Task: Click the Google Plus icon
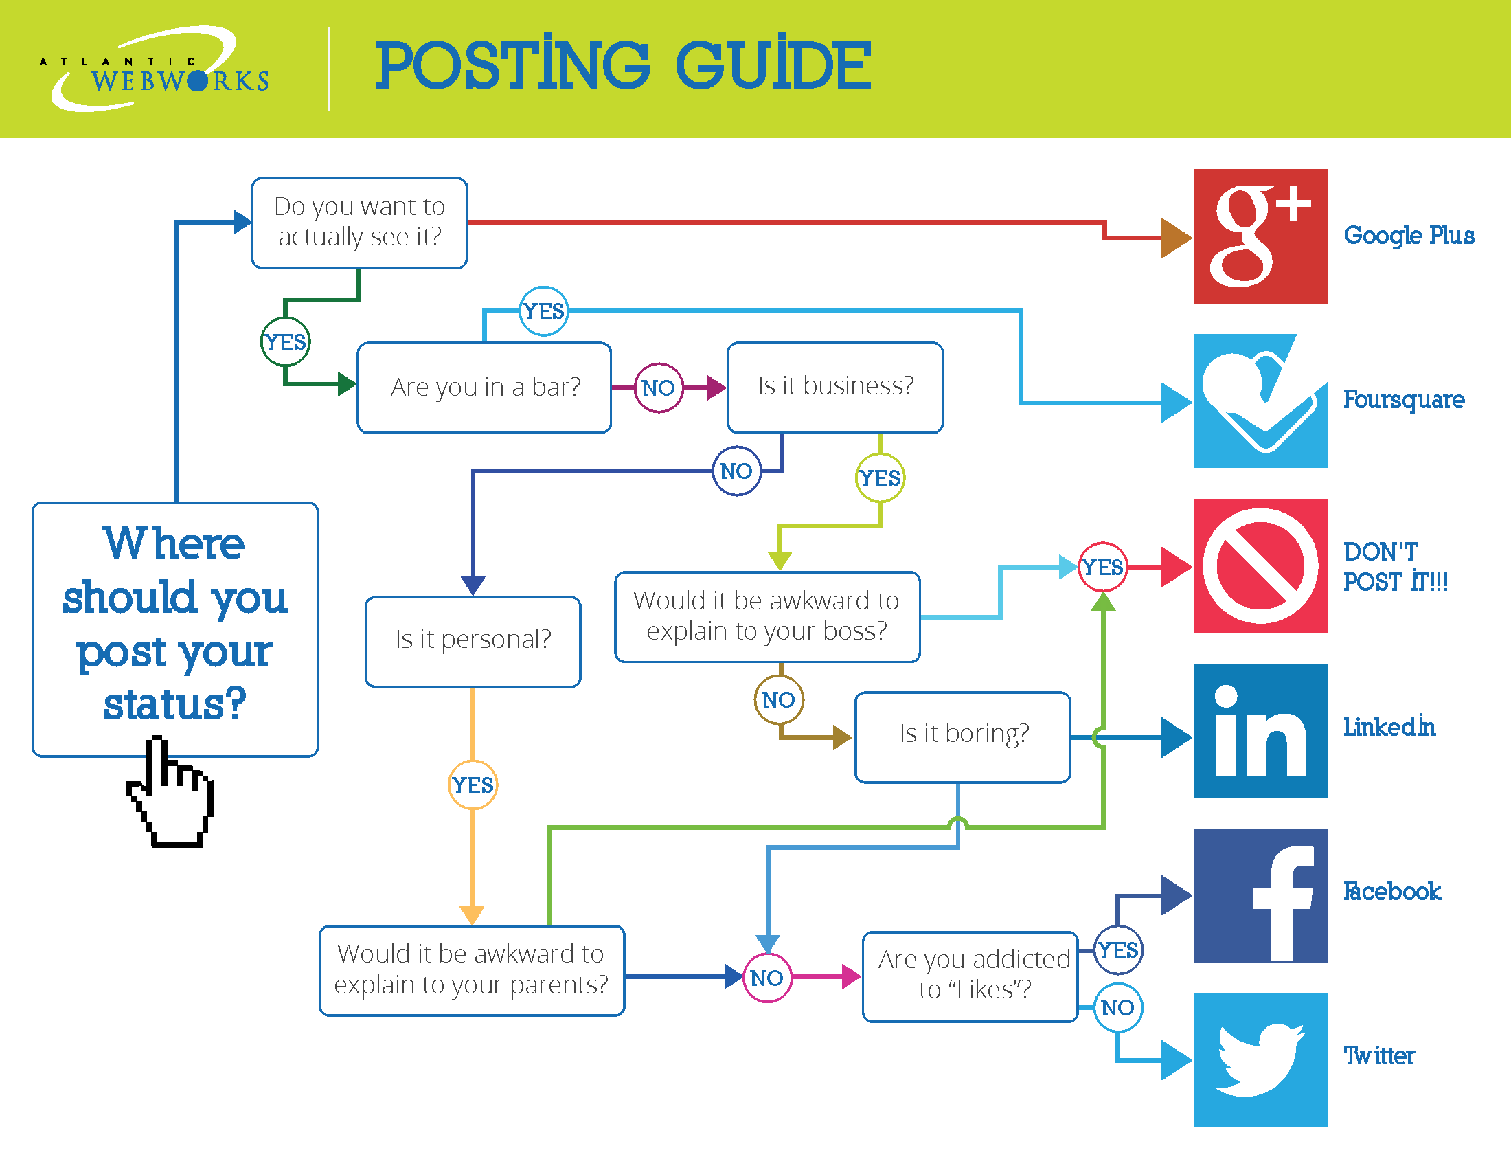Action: point(1260,236)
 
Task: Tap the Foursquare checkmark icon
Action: point(1260,401)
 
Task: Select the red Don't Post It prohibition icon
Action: point(1260,565)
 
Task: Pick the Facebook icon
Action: point(1260,895)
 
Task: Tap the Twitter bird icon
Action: point(1260,1060)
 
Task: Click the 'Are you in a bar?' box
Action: point(484,388)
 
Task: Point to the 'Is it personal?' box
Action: point(473,642)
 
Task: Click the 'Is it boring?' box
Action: point(962,737)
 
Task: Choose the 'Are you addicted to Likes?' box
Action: point(970,976)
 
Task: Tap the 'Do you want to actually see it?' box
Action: point(359,223)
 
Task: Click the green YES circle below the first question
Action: point(285,342)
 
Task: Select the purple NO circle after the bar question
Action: point(659,388)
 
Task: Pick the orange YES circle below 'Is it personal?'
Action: point(473,785)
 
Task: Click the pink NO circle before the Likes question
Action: point(767,977)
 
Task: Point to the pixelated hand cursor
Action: point(170,792)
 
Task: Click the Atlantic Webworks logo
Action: point(154,69)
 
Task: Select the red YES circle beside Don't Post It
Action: point(1103,567)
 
